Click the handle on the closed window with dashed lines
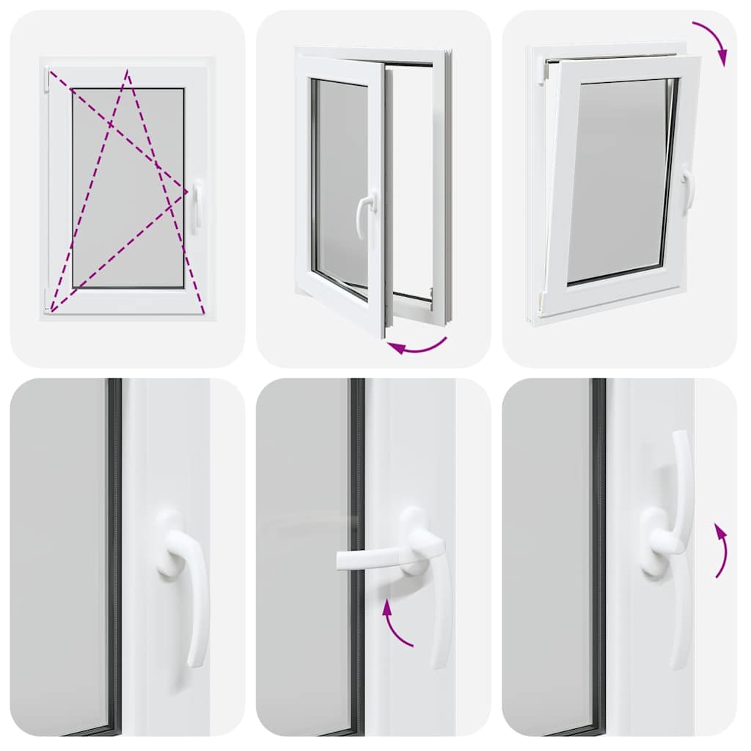[x=197, y=206]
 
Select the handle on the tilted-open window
[x=688, y=190]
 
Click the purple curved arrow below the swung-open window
[x=417, y=345]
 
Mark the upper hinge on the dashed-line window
[x=46, y=79]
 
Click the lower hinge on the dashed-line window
[x=46, y=298]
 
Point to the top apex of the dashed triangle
[x=127, y=71]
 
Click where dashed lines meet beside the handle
[x=187, y=191]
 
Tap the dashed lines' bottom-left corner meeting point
[x=51, y=311]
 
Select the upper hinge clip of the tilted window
[x=545, y=70]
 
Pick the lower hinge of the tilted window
[x=539, y=300]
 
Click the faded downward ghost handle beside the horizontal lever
[x=439, y=623]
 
